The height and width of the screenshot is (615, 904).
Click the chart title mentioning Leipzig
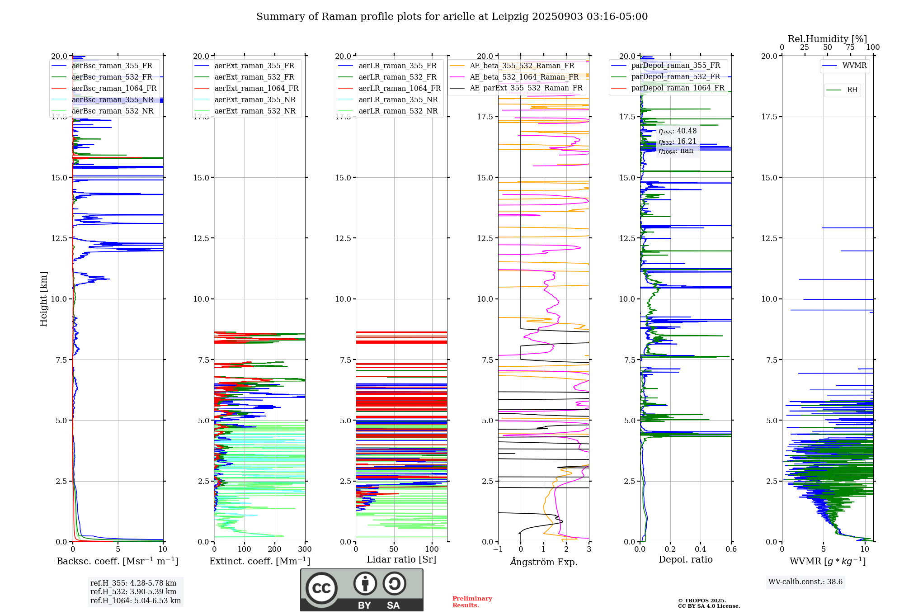[x=452, y=17]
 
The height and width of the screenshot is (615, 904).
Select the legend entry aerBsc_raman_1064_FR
[x=114, y=89]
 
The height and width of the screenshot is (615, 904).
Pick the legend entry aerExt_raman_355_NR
[x=255, y=100]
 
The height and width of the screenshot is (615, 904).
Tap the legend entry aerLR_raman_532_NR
[x=398, y=111]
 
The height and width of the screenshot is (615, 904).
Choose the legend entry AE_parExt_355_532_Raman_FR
[x=526, y=88]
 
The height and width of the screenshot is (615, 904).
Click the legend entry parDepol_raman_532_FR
[x=675, y=77]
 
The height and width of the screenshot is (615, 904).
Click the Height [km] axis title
[x=43, y=299]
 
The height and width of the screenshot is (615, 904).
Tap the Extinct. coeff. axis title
[x=260, y=561]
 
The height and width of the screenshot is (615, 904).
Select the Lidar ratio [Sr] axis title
[x=401, y=559]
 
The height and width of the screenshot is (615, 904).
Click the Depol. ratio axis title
[x=686, y=559]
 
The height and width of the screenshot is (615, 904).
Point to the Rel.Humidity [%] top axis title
[x=827, y=39]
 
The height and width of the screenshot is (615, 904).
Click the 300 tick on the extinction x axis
[x=305, y=549]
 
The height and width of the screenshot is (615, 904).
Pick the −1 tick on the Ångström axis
[x=498, y=549]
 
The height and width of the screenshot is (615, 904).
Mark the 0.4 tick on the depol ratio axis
[x=701, y=549]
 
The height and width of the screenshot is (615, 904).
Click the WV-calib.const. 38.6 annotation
[x=805, y=582]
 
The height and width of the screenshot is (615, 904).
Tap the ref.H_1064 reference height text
[x=136, y=601]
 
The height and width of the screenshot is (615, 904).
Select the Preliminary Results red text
[x=472, y=602]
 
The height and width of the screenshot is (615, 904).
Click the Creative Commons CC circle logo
[x=321, y=588]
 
